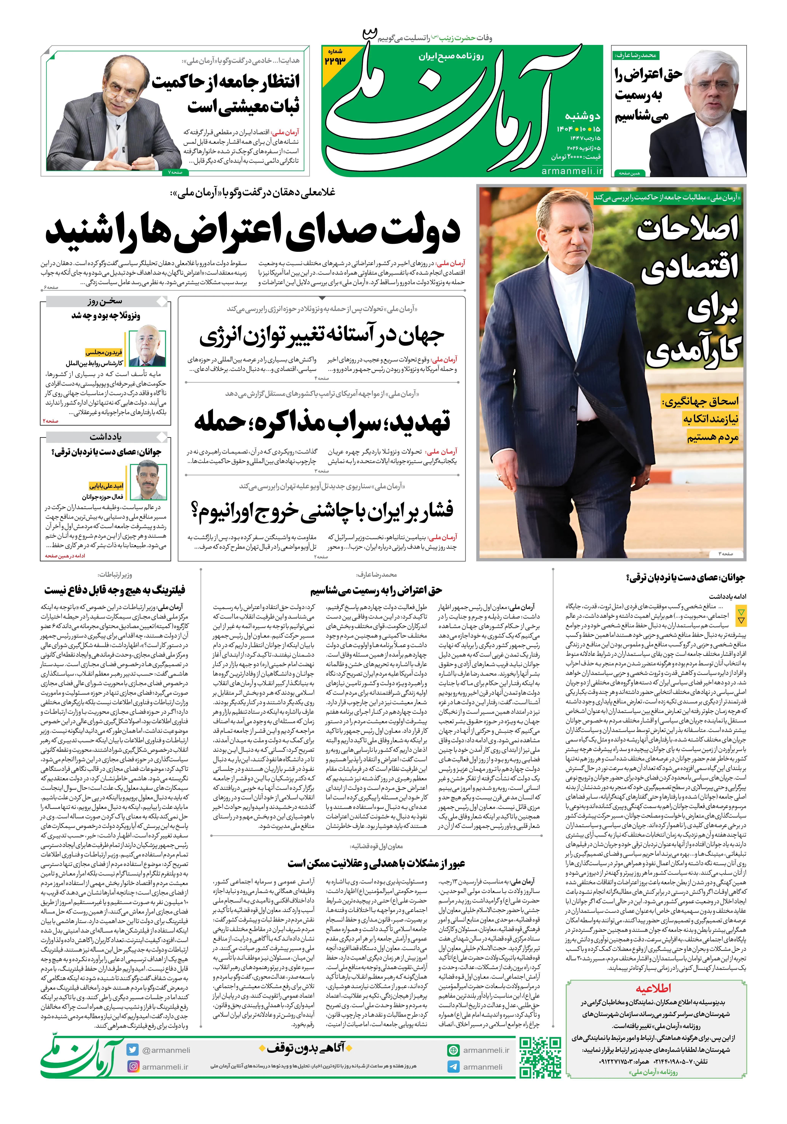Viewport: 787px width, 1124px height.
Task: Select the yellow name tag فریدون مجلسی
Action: [104, 352]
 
